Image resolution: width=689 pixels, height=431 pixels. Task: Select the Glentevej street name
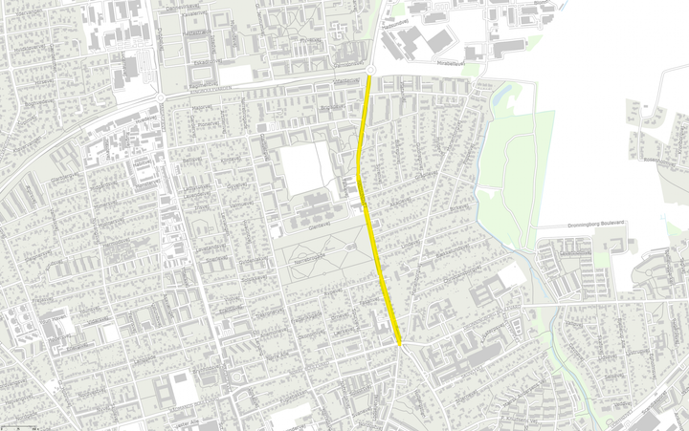303,226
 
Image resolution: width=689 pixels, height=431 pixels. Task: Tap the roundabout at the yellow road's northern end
369,70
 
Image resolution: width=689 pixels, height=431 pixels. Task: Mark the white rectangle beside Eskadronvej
233,75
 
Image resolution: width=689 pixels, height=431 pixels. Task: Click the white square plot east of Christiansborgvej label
512,274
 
